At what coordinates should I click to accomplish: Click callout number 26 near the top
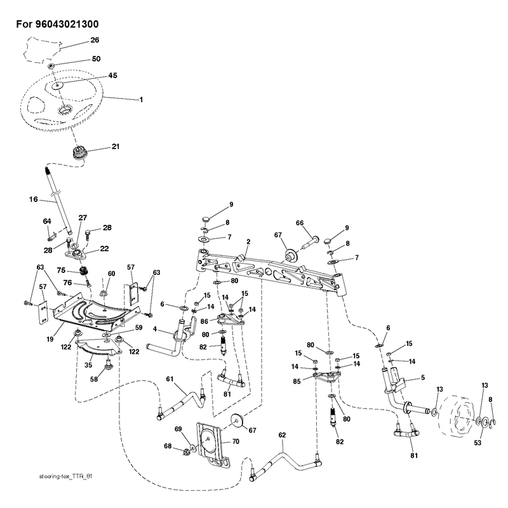click(x=95, y=40)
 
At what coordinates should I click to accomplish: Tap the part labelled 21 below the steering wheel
click(x=78, y=152)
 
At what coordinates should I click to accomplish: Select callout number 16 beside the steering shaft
click(x=34, y=199)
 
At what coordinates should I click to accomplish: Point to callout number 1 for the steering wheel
click(x=141, y=100)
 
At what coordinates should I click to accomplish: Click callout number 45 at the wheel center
click(x=112, y=76)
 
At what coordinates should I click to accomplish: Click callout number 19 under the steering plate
click(x=50, y=339)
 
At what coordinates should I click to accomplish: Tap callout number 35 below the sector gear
click(x=88, y=365)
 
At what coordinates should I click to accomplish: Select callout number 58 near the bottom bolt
click(x=94, y=378)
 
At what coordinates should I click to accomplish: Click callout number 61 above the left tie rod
click(x=170, y=378)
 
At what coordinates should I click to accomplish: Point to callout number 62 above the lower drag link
click(x=282, y=435)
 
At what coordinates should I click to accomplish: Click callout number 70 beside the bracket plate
click(x=236, y=441)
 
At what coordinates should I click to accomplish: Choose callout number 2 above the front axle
click(x=248, y=242)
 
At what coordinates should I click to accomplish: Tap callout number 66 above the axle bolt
click(x=300, y=223)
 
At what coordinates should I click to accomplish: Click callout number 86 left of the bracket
click(x=204, y=322)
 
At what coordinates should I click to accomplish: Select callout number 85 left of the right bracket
click(x=297, y=382)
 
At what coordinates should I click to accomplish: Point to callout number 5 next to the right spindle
click(x=423, y=377)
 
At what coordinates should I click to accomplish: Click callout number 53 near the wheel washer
click(x=478, y=443)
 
